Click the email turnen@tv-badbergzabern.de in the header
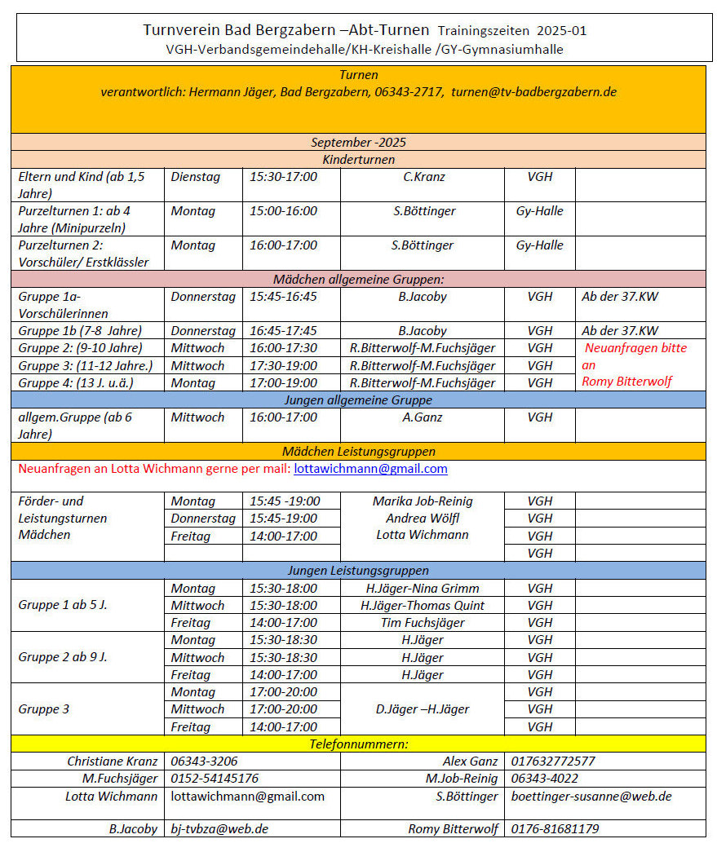click(533, 92)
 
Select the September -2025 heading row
click(358, 142)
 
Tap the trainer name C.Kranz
click(422, 177)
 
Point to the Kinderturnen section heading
click(358, 160)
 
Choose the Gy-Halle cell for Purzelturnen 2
click(539, 245)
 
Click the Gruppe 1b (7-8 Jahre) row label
click(80, 331)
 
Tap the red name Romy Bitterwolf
click(626, 382)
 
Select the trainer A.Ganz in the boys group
click(422, 417)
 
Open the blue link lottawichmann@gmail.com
click(370, 469)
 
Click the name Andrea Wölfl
click(422, 519)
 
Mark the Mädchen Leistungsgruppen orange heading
click(358, 452)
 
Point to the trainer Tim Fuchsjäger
click(422, 623)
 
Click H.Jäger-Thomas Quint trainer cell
click(422, 606)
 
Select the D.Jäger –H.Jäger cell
click(422, 709)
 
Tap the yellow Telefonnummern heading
click(358, 744)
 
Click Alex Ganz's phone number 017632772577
click(553, 762)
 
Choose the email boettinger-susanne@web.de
click(591, 797)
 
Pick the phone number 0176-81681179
click(555, 829)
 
